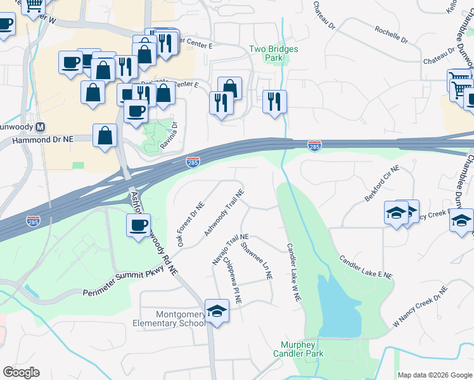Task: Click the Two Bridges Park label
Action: pos(273,53)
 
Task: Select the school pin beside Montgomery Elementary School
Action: pos(217,312)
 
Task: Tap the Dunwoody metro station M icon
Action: pos(41,126)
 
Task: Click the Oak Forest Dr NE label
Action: pos(191,224)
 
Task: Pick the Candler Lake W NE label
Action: pos(292,273)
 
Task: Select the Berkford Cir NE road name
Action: pos(383,184)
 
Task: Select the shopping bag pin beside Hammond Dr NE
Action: pos(105,136)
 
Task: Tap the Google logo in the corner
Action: pos(20,372)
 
